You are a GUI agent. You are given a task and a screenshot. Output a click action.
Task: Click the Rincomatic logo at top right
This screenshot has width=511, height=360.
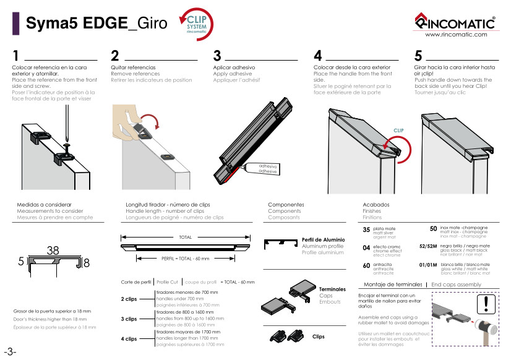(x=455, y=22)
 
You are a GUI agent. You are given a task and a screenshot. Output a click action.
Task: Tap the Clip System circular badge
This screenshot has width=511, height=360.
(x=197, y=25)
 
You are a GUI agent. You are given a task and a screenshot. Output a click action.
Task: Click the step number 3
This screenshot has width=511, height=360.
(x=217, y=56)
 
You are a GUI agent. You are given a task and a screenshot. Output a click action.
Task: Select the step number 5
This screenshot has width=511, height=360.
(x=418, y=56)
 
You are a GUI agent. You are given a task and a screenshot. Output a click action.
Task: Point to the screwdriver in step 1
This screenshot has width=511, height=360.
(x=67, y=124)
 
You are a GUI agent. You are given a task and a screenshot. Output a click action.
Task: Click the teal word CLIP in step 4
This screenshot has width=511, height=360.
(x=398, y=131)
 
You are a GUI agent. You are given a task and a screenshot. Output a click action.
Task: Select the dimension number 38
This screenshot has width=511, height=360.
(x=53, y=251)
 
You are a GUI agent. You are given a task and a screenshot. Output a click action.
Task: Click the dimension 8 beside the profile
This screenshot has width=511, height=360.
(x=87, y=263)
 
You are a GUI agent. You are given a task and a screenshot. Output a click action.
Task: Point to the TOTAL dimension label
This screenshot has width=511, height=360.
(x=185, y=237)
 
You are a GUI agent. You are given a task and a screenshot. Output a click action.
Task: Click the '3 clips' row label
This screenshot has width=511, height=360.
(x=129, y=319)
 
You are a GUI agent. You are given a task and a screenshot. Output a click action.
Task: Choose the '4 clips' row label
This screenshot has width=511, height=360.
(x=129, y=339)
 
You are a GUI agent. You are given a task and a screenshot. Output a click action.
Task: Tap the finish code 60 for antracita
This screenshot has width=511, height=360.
(x=366, y=265)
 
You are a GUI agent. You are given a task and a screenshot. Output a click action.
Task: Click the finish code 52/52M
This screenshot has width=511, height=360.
(x=428, y=246)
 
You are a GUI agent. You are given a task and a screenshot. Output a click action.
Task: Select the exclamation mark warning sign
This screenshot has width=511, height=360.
(x=486, y=304)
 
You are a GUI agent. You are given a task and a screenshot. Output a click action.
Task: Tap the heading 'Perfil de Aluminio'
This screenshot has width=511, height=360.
(x=323, y=239)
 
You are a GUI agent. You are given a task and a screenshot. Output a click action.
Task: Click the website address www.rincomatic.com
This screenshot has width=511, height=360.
(x=456, y=35)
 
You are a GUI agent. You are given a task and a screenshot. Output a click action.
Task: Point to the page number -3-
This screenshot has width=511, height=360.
(x=10, y=352)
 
